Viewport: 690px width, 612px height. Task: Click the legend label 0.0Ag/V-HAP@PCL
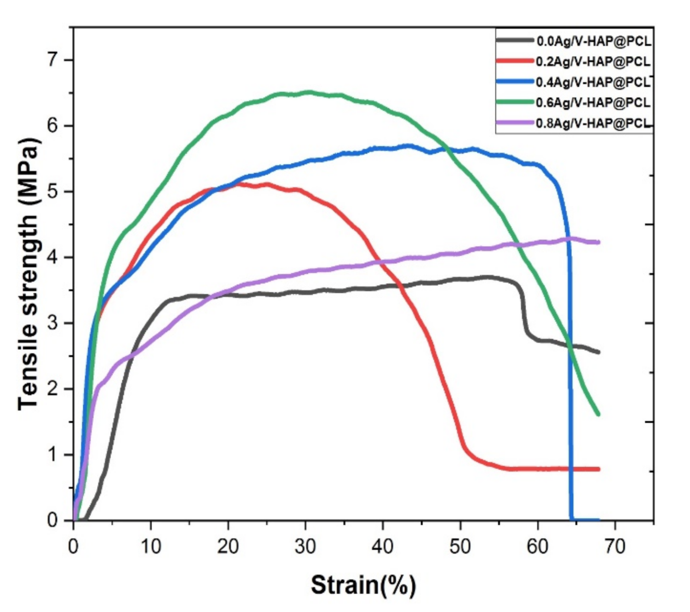point(593,41)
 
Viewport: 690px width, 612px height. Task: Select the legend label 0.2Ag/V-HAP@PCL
point(593,61)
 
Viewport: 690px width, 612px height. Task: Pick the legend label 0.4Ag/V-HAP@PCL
point(593,82)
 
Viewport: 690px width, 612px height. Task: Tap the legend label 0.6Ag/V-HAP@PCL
point(593,102)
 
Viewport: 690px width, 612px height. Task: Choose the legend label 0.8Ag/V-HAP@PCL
point(593,123)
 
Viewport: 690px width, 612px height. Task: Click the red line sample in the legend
point(515,61)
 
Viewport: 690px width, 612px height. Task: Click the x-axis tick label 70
point(615,546)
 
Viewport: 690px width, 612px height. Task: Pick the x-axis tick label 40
point(382,546)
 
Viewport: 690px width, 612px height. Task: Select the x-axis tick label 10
point(150,546)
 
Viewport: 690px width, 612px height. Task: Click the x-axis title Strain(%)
point(363,585)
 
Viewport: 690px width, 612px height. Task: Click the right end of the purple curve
point(598,242)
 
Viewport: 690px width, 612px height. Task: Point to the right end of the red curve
point(598,469)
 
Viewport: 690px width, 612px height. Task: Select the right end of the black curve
point(598,352)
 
